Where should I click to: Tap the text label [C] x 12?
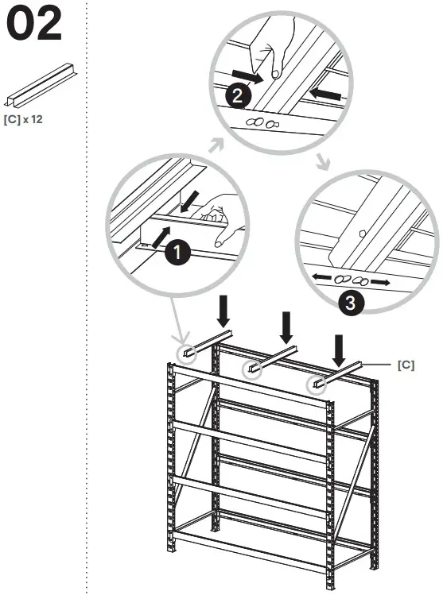point(25,122)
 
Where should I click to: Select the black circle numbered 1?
point(177,253)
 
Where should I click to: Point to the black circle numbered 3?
point(351,302)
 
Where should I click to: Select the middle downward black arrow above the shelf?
point(286,326)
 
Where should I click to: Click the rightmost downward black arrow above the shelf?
point(340,350)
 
